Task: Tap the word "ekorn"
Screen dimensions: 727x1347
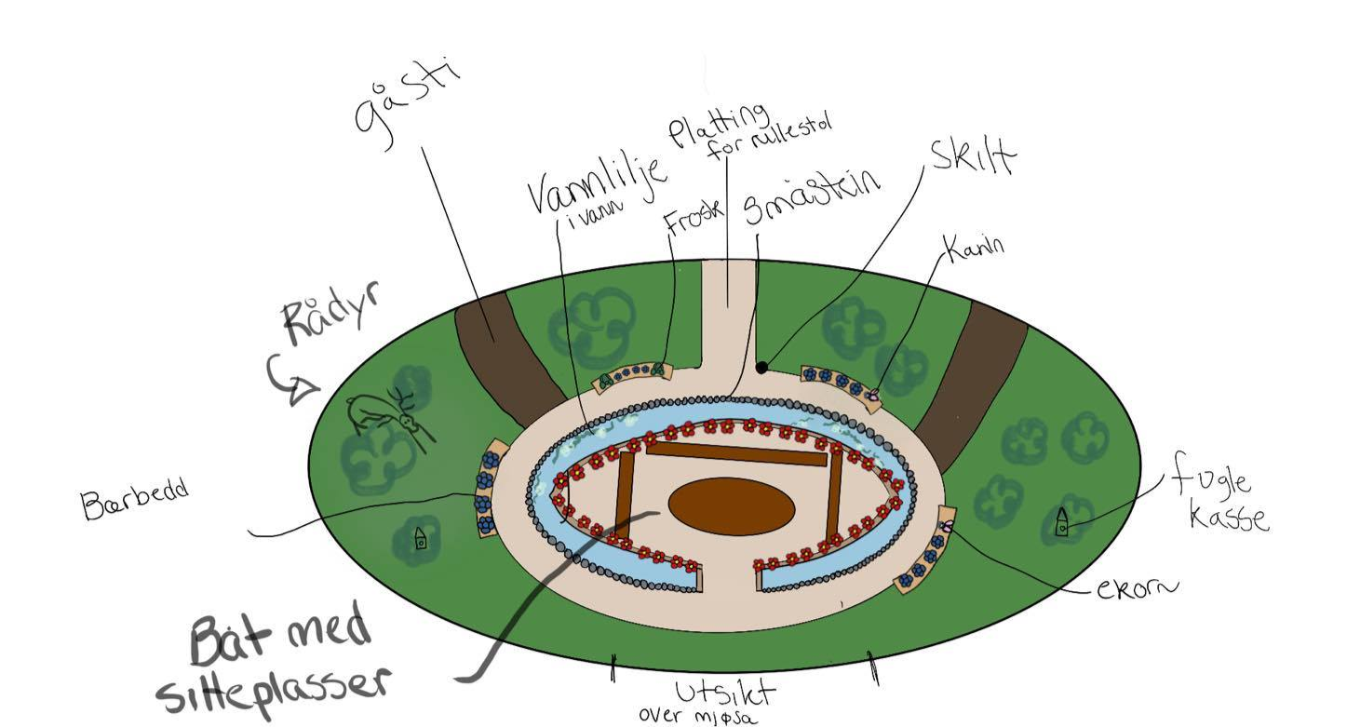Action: click(x=1137, y=587)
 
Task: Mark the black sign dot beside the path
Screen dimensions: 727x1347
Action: click(x=761, y=369)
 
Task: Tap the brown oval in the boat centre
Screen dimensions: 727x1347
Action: click(x=732, y=507)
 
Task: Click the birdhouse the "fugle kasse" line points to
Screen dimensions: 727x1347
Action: click(x=1061, y=526)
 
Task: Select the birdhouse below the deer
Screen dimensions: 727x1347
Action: click(x=421, y=539)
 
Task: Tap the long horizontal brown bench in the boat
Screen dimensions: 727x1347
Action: click(x=736, y=453)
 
